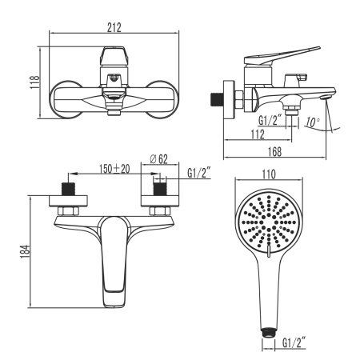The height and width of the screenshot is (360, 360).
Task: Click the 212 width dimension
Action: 114,28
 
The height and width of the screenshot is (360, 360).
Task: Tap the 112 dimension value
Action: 256,134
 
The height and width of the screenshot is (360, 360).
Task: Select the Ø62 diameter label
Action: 158,159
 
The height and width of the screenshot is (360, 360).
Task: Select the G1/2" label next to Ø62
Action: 198,172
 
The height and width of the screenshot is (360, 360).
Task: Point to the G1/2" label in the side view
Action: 270,120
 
